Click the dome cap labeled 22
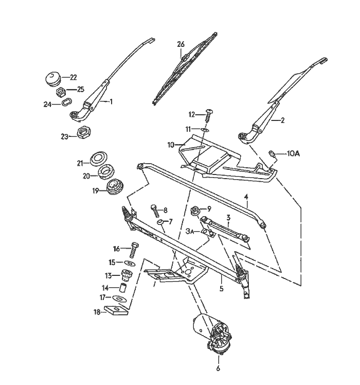click(52, 79)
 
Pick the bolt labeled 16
click(135, 249)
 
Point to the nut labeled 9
click(195, 209)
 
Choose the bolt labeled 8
click(153, 209)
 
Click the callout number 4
click(246, 197)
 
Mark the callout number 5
click(221, 289)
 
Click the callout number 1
click(111, 102)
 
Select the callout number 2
click(282, 120)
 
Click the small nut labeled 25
click(60, 92)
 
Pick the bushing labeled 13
click(125, 274)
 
